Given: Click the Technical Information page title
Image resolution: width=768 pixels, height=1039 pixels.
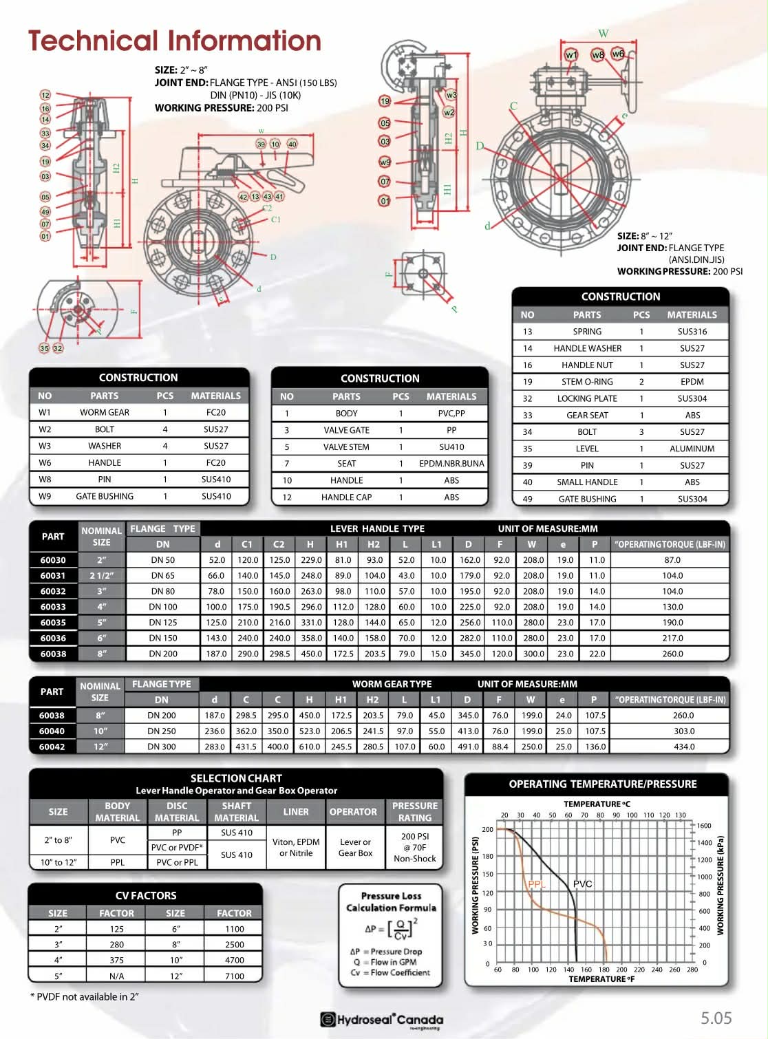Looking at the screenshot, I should tap(175, 41).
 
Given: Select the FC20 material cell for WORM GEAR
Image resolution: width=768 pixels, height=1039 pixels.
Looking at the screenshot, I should tap(215, 412).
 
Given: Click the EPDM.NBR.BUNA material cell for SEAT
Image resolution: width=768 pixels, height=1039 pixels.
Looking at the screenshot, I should tap(451, 464).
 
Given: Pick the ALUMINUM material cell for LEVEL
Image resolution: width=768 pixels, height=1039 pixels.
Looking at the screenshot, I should tap(692, 449).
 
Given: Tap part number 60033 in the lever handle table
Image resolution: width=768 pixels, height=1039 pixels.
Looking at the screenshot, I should tap(53, 607).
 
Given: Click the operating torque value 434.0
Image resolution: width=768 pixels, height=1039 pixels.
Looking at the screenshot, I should tap(684, 747).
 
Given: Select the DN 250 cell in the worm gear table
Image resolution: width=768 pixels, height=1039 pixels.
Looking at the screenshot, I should tap(162, 731).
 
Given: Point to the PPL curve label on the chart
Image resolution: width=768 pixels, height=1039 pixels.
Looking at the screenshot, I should tap(536, 884).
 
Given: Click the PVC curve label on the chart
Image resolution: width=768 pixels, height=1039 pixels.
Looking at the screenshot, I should tap(582, 883).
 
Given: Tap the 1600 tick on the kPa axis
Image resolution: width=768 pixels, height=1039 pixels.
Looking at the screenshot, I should tap(704, 826).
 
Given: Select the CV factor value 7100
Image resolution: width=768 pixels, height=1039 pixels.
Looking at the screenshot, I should tap(234, 976).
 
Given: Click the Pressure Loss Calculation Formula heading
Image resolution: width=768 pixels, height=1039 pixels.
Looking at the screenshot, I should tap(391, 901).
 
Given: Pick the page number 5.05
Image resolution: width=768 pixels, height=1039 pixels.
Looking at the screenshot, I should tap(716, 1018).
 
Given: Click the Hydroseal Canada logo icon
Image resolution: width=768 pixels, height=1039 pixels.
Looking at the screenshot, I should tap(328, 1019).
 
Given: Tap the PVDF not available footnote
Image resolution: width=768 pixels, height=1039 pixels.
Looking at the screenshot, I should tap(85, 996).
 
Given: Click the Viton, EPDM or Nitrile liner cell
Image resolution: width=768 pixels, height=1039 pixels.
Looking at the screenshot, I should tap(296, 847).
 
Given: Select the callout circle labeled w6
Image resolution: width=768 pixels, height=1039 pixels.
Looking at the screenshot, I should tap(618, 54).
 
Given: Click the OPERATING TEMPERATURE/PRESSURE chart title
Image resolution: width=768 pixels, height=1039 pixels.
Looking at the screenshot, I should tap(602, 784).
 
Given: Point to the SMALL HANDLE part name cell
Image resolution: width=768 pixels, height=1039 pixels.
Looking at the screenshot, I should tap(587, 482).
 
